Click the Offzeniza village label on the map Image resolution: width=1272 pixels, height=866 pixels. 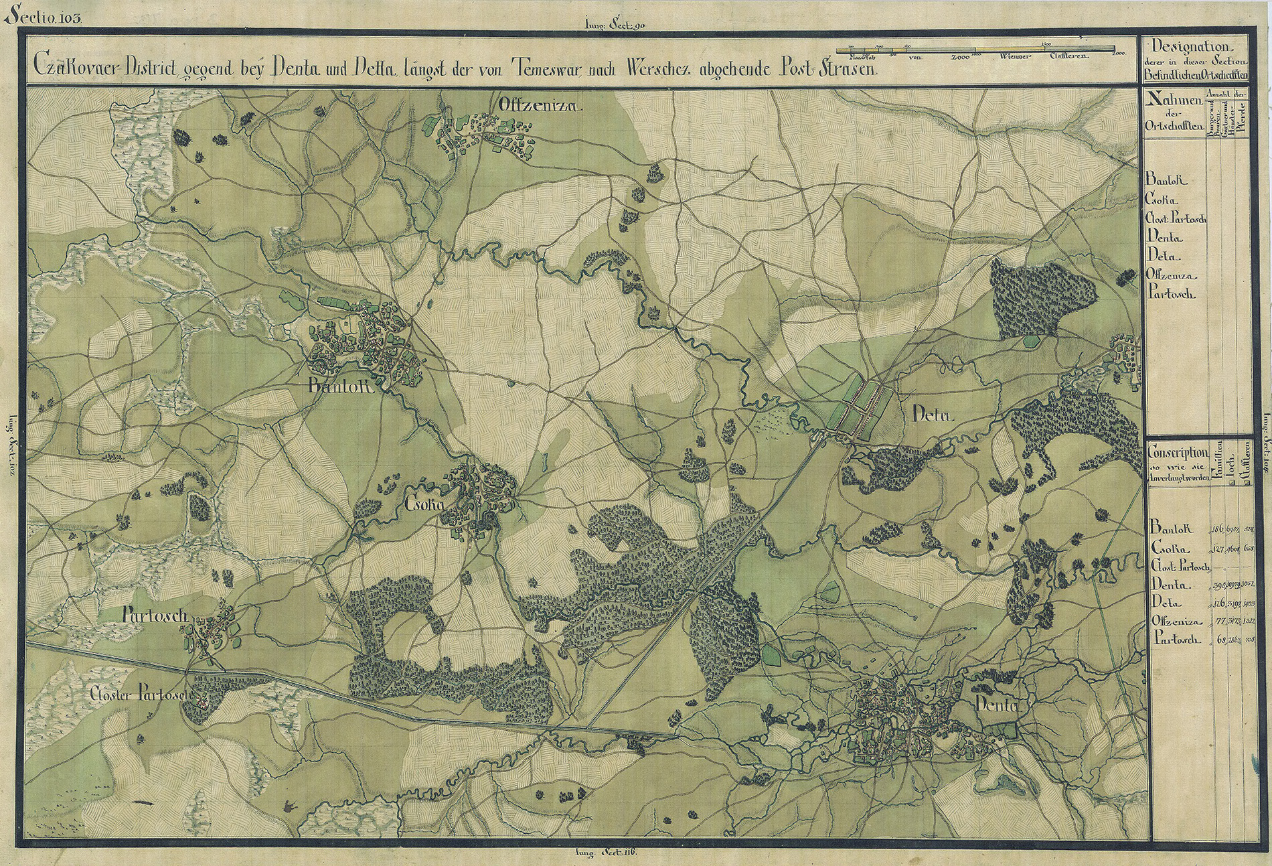[542, 106]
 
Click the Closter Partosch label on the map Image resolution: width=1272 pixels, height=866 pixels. [142, 695]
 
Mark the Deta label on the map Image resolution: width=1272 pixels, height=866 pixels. [931, 417]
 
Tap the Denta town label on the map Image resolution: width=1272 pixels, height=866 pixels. [996, 705]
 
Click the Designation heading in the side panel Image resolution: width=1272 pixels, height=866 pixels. [1190, 48]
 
